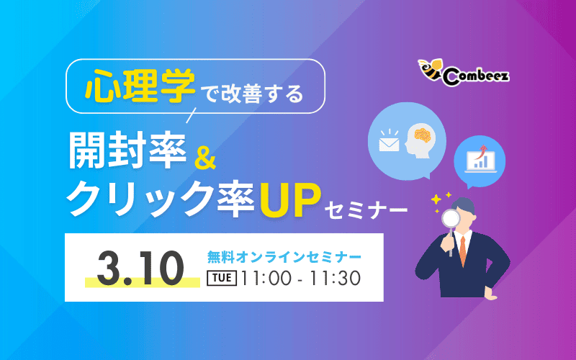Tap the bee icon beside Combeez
(x=431, y=70)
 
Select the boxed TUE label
(x=222, y=277)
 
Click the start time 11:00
(x=268, y=277)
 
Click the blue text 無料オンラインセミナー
(x=284, y=256)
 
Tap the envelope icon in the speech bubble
(x=389, y=143)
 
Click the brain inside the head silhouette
(x=422, y=135)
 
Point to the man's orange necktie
(x=463, y=249)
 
